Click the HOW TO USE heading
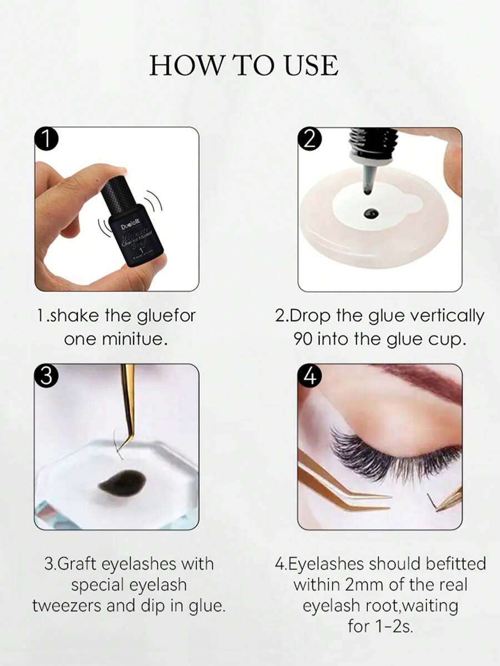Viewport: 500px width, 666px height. [x=243, y=66]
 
